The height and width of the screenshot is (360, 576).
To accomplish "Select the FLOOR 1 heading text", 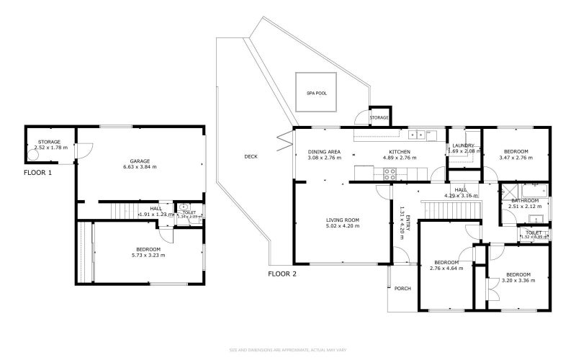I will click(x=38, y=173).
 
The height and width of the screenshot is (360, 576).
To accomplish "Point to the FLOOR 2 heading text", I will click(x=283, y=274).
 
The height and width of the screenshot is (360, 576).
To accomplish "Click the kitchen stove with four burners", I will click(x=390, y=173).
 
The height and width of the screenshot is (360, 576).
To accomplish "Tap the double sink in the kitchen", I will click(x=416, y=134).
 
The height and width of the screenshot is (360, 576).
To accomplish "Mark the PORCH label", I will click(x=402, y=289).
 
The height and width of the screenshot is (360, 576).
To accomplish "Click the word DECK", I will click(x=251, y=156).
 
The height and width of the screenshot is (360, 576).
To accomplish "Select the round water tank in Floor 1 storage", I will click(x=33, y=155).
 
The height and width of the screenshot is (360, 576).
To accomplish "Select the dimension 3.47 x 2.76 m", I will click(x=516, y=158).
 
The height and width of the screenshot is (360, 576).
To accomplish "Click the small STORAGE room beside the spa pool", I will click(x=379, y=117).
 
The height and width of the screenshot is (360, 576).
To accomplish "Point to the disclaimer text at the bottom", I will click(x=288, y=350).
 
